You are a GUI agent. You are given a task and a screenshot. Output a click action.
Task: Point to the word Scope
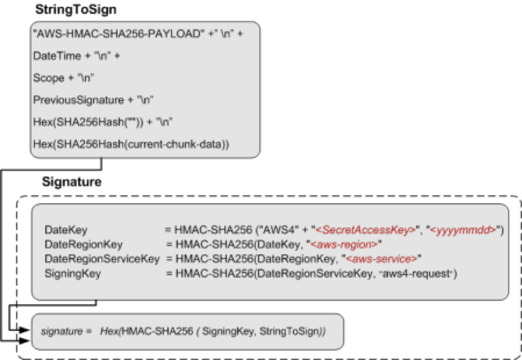(x=49, y=78)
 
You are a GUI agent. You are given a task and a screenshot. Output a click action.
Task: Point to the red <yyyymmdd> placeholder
(x=466, y=230)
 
